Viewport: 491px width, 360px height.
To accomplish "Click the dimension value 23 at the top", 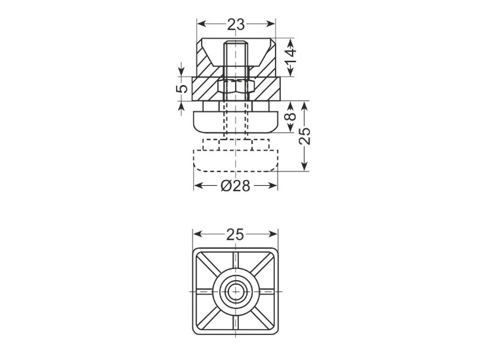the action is tap(236, 24).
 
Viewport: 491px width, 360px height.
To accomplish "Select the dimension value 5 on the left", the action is tap(182, 89).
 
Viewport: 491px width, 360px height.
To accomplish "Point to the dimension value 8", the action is tap(291, 117).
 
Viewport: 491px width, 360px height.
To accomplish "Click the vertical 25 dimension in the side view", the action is tap(304, 135).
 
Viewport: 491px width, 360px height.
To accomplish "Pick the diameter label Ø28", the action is tap(236, 186).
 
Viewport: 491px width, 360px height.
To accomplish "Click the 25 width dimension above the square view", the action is tap(235, 234).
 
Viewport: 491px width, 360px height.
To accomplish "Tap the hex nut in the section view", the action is tap(236, 86).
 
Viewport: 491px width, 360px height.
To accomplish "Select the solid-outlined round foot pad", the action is tap(236, 122).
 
